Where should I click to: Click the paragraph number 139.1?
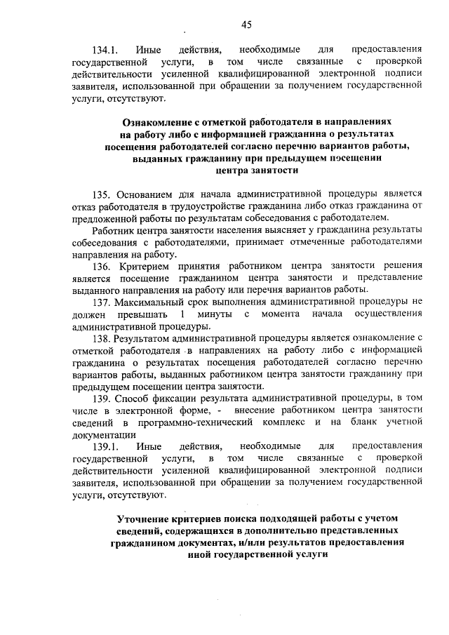(105, 446)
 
